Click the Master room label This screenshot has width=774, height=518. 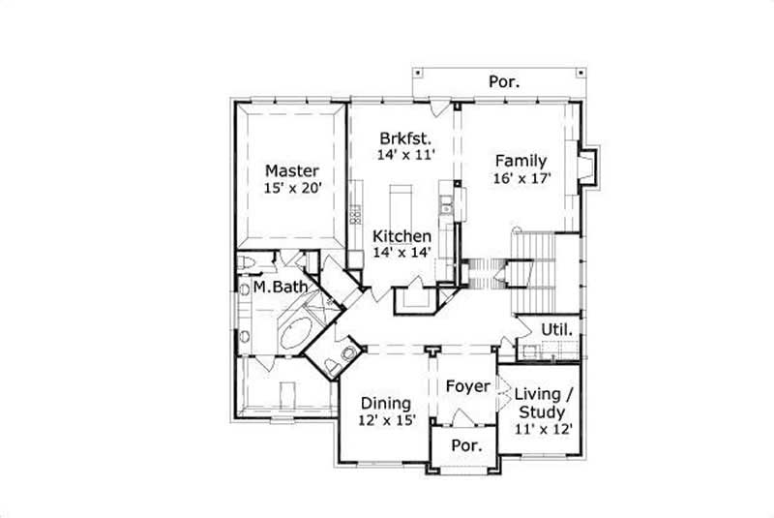coord(291,171)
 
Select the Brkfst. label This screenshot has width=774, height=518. coord(405,137)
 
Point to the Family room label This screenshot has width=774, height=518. coord(521,161)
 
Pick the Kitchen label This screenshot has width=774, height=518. coord(402,236)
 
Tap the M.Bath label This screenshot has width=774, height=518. coord(281,288)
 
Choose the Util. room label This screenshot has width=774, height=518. coord(556,330)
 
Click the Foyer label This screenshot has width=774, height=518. coord(468,387)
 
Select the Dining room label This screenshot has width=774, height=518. coord(386,403)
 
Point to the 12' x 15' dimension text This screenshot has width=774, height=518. coord(386,420)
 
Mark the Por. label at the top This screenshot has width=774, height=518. coord(503,82)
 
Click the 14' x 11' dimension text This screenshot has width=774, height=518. coord(405,153)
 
